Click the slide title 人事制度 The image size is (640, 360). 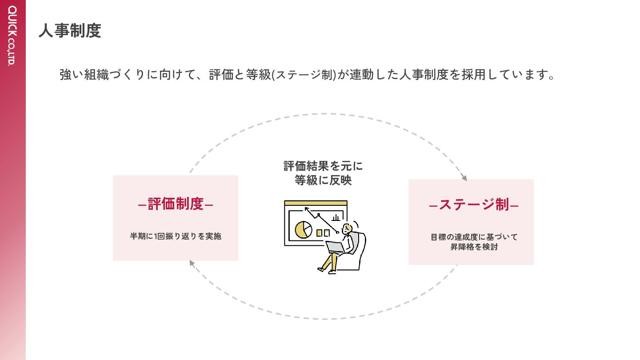(70, 31)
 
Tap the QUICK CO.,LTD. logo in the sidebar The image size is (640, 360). (12, 36)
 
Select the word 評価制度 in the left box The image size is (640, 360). (176, 204)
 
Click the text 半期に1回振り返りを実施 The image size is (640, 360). (176, 236)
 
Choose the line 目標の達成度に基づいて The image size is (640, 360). (474, 237)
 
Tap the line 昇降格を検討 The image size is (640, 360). (474, 247)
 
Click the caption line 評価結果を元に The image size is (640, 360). (323, 166)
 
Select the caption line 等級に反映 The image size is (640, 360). (323, 180)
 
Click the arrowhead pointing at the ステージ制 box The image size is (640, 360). (464, 178)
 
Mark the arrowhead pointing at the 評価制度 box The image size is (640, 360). (192, 263)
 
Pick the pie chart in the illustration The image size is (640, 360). (304, 229)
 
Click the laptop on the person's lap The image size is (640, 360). (335, 247)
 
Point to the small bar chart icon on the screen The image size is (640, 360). (336, 217)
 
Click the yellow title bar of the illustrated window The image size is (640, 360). (316, 203)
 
